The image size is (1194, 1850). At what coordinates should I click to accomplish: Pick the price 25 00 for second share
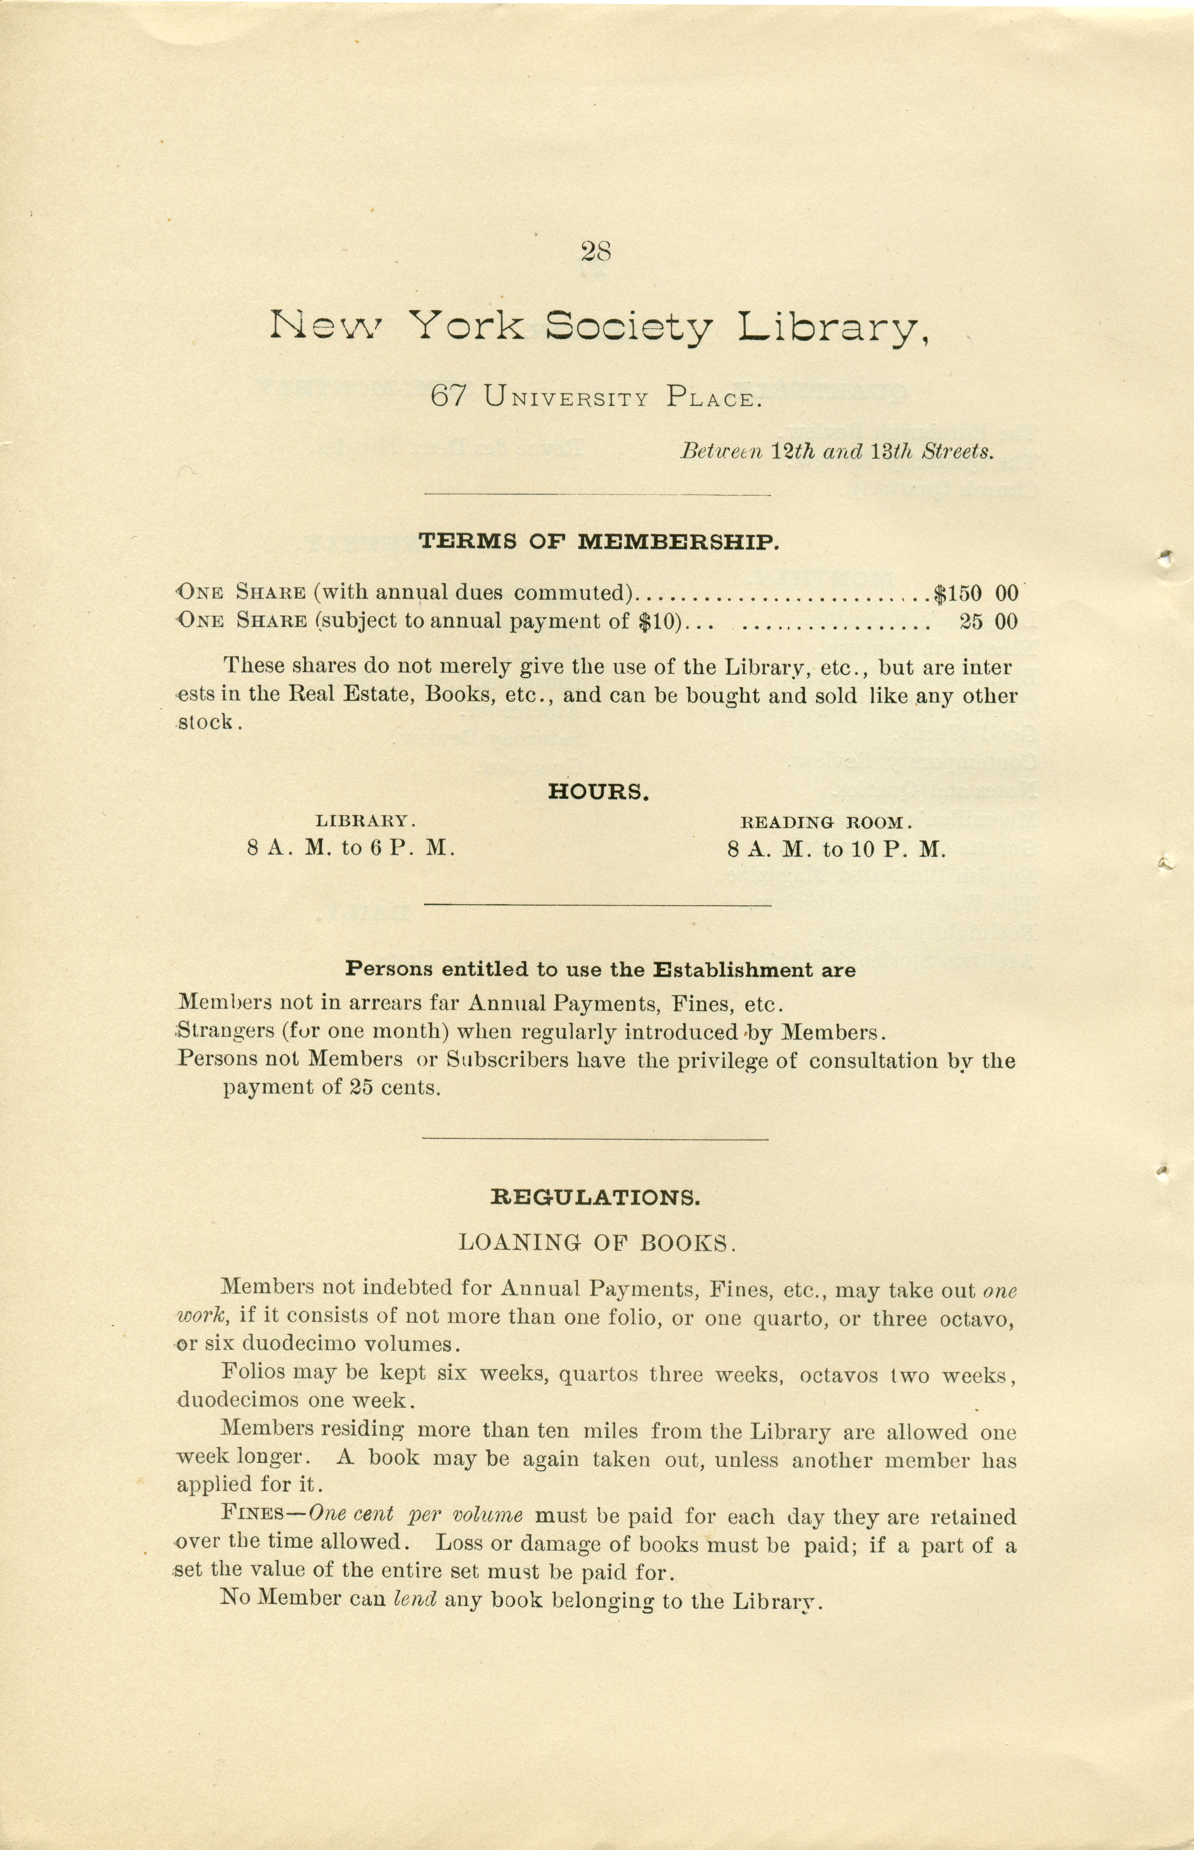[x=988, y=622]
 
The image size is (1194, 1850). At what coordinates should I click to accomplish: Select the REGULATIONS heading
[x=595, y=1198]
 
